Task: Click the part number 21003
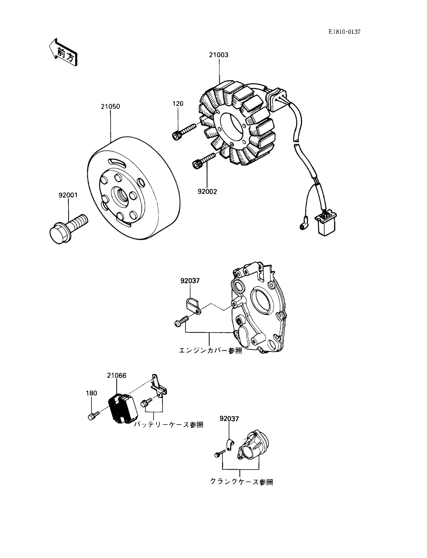[219, 55]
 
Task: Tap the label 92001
[68, 195]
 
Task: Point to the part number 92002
[207, 191]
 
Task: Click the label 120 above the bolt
[178, 104]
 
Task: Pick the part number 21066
[116, 376]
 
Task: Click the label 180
[91, 393]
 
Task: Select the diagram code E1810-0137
[344, 32]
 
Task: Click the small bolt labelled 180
[92, 416]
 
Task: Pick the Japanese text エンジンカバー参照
[210, 350]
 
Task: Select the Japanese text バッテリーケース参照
[169, 425]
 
